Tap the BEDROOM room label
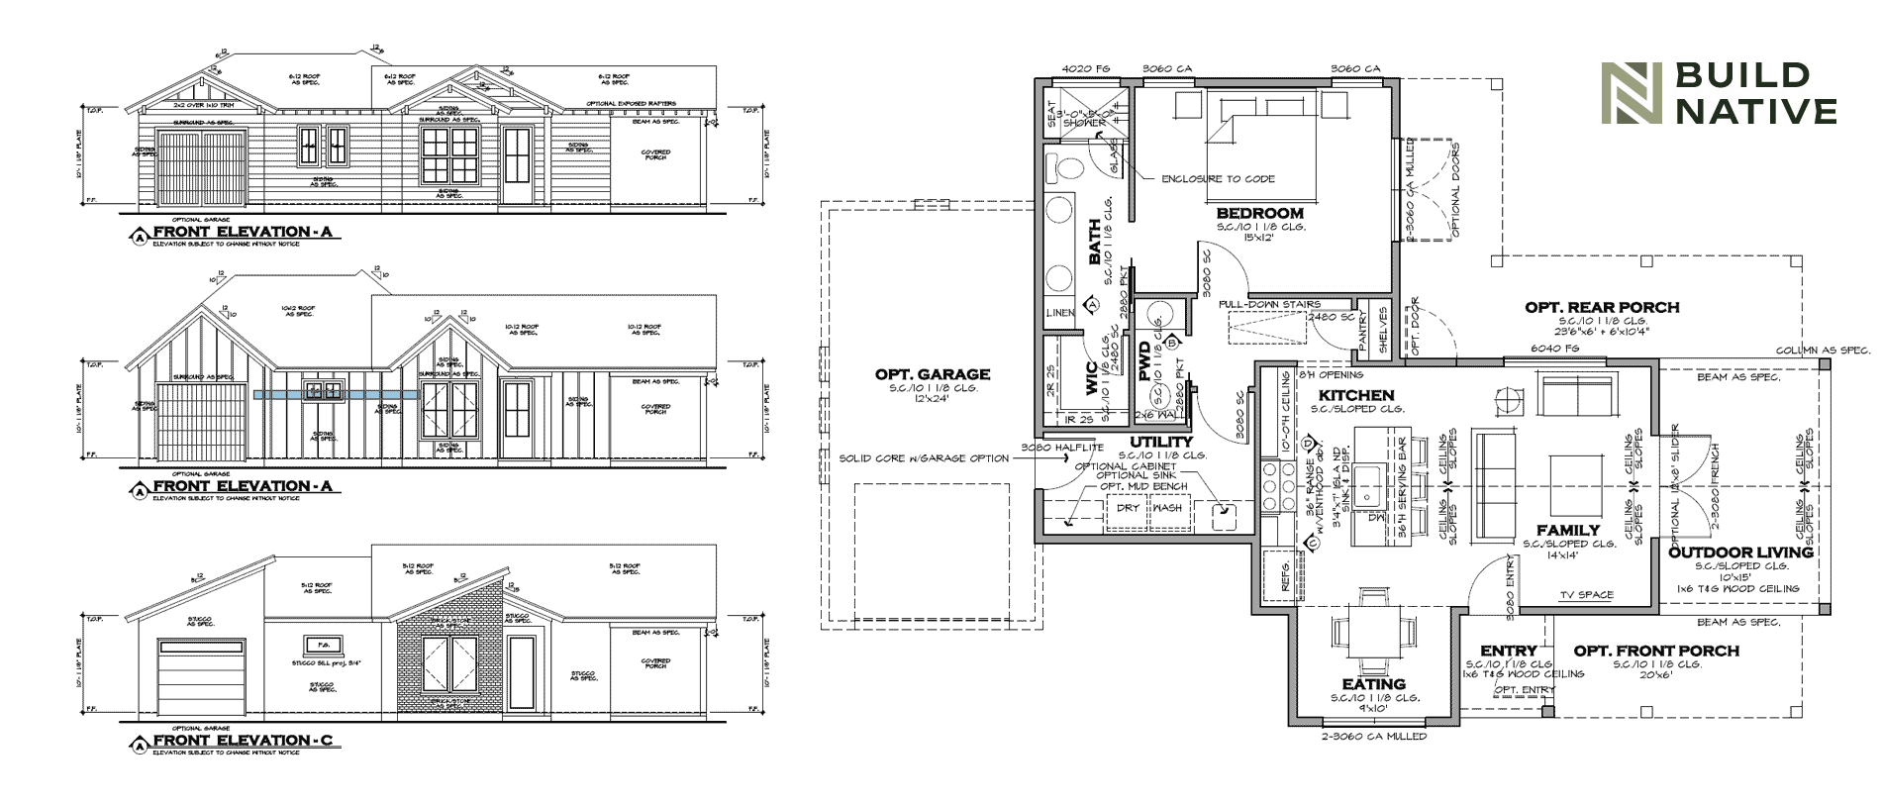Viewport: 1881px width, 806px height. click(1259, 213)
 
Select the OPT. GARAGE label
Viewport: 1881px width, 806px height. click(932, 374)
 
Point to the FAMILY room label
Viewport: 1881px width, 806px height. click(1568, 531)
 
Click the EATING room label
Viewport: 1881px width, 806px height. click(1373, 684)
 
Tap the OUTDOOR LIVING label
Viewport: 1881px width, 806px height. click(1740, 553)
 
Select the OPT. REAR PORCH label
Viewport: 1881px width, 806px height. click(1602, 308)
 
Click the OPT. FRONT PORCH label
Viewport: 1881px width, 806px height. click(1656, 651)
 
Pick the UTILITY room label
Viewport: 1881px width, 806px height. click(1161, 442)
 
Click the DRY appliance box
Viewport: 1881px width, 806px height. click(1128, 508)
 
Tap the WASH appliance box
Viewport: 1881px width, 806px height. click(1167, 508)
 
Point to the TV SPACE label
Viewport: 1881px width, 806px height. click(1586, 595)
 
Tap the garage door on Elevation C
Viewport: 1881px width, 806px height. click(201, 676)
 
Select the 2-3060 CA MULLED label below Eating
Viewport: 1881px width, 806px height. click(1373, 737)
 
